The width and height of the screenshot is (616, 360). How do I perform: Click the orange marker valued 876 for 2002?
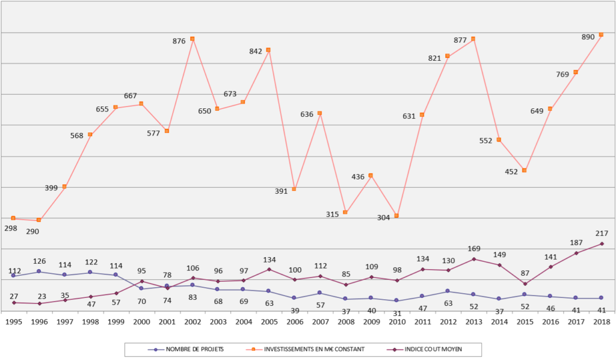click(192, 39)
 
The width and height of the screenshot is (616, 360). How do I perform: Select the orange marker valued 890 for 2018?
click(601, 35)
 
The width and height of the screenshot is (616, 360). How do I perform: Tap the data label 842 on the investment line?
click(256, 51)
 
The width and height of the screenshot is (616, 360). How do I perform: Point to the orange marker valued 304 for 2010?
click(396, 216)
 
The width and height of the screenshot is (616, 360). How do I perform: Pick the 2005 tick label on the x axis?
click(269, 322)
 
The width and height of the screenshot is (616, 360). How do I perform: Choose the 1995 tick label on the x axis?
click(13, 322)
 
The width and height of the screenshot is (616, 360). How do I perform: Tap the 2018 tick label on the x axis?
click(601, 322)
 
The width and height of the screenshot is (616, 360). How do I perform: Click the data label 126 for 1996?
click(39, 261)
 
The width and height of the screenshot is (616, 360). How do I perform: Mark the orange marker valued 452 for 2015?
click(525, 171)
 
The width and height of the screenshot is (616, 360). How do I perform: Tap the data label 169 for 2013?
click(474, 247)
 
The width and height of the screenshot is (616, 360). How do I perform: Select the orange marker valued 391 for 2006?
click(294, 189)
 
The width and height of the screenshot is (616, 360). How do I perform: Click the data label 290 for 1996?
click(39, 232)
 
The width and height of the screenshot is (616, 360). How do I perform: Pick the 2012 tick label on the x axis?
click(448, 322)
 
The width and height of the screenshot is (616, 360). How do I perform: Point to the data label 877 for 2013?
click(460, 40)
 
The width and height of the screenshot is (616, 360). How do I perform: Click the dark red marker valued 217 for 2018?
click(601, 244)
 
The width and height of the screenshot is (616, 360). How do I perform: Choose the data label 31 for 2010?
click(396, 313)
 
